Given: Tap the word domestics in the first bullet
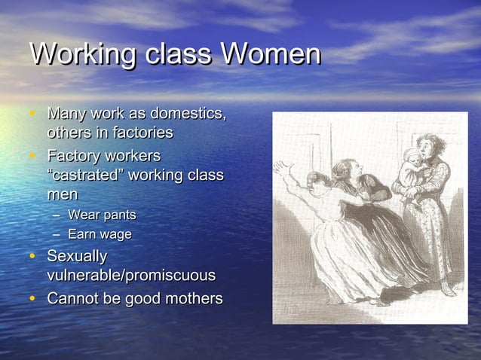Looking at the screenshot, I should [188, 114].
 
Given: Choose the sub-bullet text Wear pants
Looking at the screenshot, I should [102, 215].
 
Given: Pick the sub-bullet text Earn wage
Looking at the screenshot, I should [100, 234].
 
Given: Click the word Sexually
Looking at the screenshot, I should [77, 256].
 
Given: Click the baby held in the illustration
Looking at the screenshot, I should [414, 166].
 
